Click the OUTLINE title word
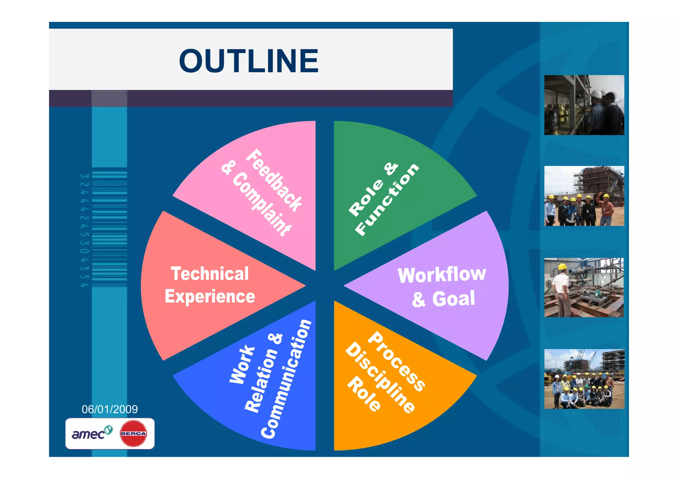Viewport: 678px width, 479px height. [x=249, y=61]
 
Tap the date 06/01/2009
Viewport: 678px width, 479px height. [x=110, y=409]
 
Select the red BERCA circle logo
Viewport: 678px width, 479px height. [x=133, y=434]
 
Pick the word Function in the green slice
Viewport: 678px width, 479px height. [x=387, y=199]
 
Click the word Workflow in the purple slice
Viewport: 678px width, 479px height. [x=442, y=274]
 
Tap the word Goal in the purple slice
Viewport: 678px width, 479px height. [x=454, y=299]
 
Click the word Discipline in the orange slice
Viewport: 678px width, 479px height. [x=380, y=377]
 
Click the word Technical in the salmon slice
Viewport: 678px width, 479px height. [x=210, y=274]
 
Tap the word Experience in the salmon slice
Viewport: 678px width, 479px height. [x=210, y=296]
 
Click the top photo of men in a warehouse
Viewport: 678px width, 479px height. [x=584, y=105]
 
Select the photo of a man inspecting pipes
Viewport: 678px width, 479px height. [x=584, y=288]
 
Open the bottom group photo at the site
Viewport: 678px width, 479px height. [x=584, y=379]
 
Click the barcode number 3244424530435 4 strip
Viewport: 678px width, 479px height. [x=84, y=230]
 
